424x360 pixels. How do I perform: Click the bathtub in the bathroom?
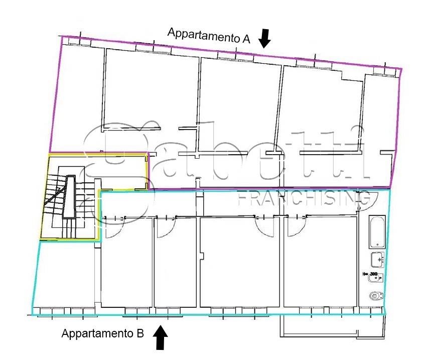377,232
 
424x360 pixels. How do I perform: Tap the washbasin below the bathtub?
377,260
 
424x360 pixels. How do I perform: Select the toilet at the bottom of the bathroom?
376,296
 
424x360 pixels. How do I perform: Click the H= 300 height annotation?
370,274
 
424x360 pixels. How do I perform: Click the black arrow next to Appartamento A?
264,39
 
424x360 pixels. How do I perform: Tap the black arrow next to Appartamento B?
160,337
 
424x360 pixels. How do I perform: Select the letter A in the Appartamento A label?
246,39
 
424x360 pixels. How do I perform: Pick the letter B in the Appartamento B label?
140,333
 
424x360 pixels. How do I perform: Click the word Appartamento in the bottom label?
98,333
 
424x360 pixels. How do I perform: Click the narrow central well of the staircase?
69,196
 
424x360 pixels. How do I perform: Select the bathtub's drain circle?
377,245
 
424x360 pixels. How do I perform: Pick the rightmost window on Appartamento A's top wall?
385,71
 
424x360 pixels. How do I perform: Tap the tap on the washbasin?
380,260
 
